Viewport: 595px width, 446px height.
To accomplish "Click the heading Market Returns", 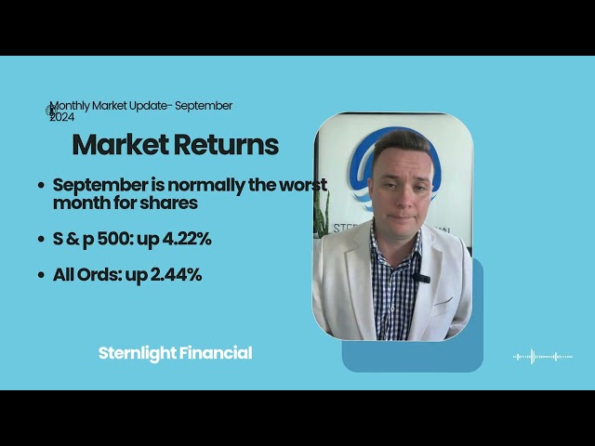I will tap(175, 145).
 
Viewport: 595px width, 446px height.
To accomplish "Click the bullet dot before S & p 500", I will tap(41, 240).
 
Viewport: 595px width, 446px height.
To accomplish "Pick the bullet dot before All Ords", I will tap(41, 276).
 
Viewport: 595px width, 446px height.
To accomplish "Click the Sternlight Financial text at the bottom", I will tap(175, 353).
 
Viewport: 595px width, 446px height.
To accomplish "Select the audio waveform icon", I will tap(543, 356).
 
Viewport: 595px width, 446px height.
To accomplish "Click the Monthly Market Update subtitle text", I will tap(140, 106).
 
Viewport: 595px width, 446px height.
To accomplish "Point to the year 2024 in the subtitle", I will tap(62, 117).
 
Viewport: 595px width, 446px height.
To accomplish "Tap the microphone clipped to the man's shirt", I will tap(419, 276).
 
